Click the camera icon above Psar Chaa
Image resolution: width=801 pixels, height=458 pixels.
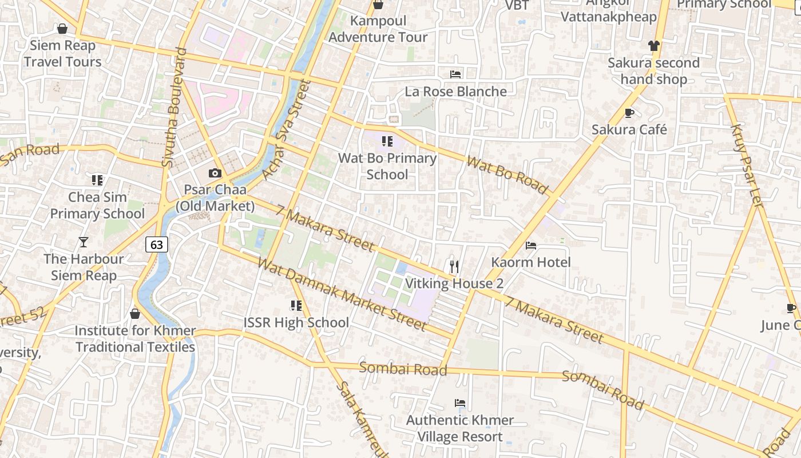point(215,173)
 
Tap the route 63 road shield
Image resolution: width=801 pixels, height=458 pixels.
point(156,244)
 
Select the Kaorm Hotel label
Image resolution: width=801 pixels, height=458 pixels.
point(531,262)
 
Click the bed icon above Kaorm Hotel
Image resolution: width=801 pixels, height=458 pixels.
point(531,246)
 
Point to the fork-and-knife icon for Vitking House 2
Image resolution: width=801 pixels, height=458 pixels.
point(454,267)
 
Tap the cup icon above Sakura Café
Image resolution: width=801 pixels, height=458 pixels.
point(629,113)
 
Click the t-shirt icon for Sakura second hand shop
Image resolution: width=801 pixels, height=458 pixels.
point(654,46)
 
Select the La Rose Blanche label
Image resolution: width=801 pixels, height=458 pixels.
point(455,92)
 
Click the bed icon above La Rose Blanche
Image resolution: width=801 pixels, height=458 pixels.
point(455,74)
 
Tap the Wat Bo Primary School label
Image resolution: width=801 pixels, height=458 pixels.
point(387,166)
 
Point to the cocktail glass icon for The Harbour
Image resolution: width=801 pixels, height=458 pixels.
point(84,242)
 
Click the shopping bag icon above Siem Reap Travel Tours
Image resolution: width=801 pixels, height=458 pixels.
point(62,29)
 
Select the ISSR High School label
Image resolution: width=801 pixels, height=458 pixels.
point(296,322)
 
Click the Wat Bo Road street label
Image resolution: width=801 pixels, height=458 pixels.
point(507,174)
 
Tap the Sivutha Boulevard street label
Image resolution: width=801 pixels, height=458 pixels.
point(175,108)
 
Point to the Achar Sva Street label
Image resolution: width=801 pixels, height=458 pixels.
point(285,129)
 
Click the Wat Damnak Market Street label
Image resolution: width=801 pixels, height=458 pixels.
point(342,294)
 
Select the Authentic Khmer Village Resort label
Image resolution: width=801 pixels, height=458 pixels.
point(460,428)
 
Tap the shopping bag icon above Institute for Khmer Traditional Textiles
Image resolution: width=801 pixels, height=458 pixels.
point(135,314)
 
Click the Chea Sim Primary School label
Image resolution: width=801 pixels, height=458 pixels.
point(97,206)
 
